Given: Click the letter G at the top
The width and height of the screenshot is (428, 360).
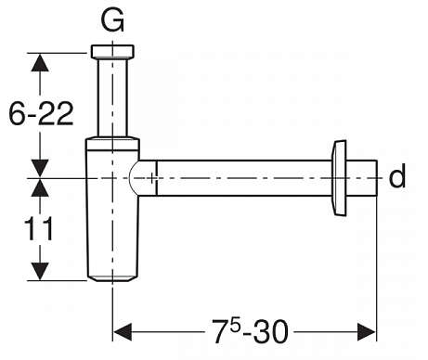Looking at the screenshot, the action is coord(112,19).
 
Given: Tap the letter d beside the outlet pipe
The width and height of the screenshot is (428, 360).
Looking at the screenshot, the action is coord(397,175).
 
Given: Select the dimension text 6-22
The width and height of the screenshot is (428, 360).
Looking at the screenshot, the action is coord(41,113).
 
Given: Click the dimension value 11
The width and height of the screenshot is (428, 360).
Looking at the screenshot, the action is coord(39,228).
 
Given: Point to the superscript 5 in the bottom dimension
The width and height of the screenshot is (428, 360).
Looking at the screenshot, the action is coord(235,326).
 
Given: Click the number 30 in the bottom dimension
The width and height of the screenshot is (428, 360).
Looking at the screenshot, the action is coord(271,332).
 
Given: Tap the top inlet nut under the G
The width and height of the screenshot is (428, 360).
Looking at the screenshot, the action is coord(112,52).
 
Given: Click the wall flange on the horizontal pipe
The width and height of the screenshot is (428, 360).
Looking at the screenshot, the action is coord(339,178).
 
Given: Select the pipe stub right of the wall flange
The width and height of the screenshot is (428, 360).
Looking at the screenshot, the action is coord(362,178).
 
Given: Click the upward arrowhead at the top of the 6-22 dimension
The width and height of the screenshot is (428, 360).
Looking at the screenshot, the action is coord(40,63).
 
